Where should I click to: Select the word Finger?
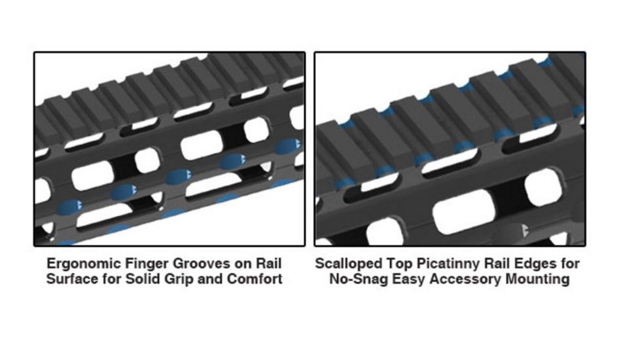(x=141, y=264)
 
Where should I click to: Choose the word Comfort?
(x=257, y=279)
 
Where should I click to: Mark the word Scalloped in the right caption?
(x=347, y=264)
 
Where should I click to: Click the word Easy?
(x=410, y=279)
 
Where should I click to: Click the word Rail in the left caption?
(x=267, y=264)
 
